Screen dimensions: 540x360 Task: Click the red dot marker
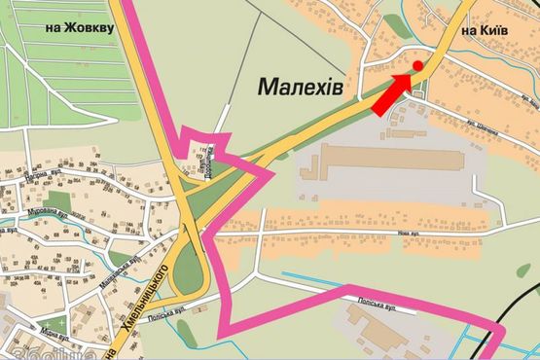[x=417, y=65]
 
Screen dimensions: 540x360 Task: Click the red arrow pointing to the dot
[x=392, y=91]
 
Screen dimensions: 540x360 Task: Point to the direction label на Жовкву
[x=80, y=28]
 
